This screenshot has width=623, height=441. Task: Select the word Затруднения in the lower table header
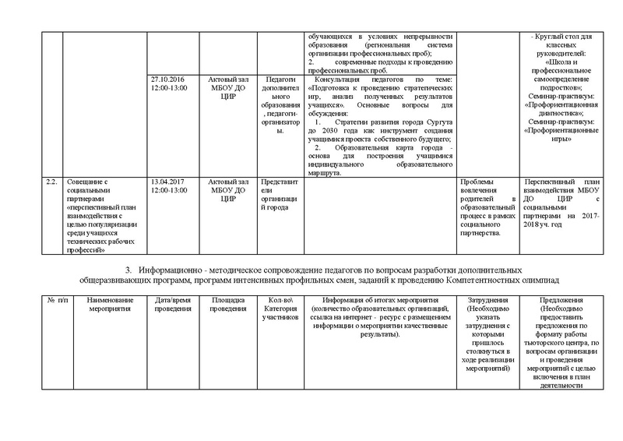(490, 300)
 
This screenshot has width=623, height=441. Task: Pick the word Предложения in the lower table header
(565, 300)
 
